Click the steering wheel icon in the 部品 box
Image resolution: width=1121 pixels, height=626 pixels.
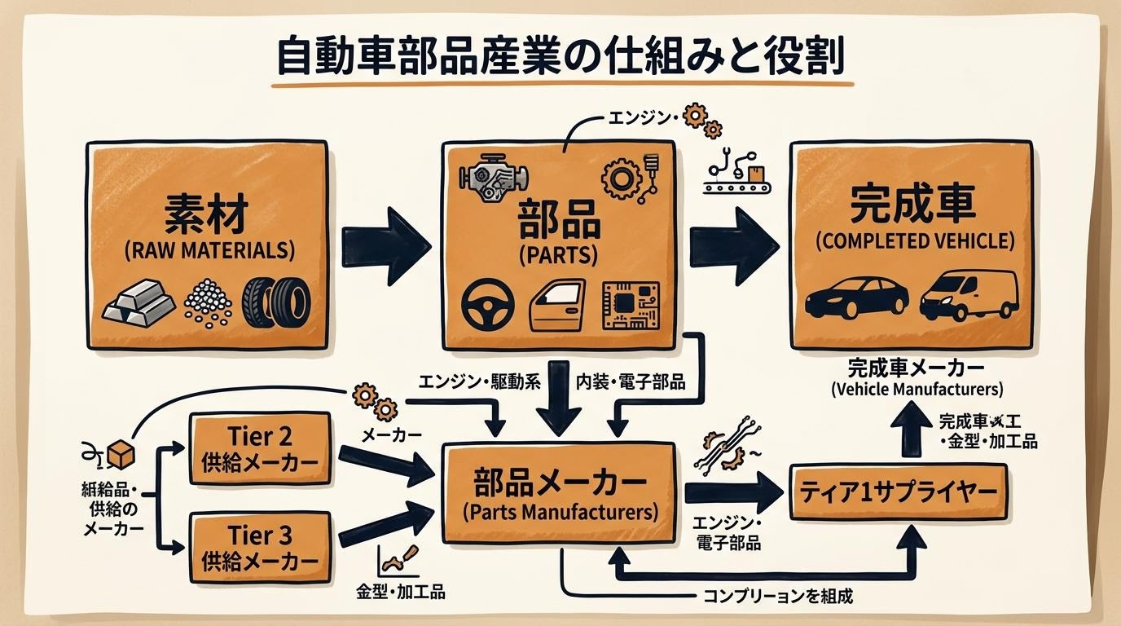[487, 306]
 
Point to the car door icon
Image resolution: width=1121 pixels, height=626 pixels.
[558, 306]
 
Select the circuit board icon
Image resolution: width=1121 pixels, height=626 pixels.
[630, 306]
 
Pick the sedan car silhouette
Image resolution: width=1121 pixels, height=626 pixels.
[855, 298]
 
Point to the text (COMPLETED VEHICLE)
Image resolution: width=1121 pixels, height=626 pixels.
[915, 241]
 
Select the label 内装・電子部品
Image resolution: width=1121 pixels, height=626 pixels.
[630, 381]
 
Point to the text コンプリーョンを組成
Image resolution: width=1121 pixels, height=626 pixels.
[777, 596]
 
